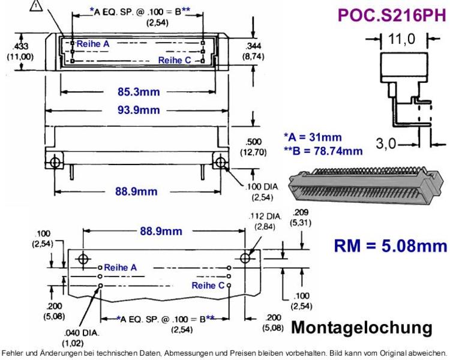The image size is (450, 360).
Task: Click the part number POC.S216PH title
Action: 392,15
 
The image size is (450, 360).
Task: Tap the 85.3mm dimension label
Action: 139,92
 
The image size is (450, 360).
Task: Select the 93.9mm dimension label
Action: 139,110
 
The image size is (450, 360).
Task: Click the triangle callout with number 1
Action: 35,7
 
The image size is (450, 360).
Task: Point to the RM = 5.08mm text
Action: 391,246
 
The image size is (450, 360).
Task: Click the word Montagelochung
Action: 362,328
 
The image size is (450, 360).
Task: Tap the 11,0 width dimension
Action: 402,39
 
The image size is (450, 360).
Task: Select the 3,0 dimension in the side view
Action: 386,143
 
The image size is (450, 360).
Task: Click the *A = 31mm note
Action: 313,137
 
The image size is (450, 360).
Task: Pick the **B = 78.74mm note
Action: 323,151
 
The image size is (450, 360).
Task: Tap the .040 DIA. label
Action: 82,333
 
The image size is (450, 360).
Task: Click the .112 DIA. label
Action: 265,217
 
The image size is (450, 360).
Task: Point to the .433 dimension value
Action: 20,46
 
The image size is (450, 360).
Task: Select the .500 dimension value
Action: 253,142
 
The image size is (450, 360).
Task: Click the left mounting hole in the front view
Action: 55,163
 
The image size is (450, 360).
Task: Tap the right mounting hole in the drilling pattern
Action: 245,258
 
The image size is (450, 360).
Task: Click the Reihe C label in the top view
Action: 175,60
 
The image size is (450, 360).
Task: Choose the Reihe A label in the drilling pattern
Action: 120,268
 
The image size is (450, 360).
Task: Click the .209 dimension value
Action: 301,212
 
